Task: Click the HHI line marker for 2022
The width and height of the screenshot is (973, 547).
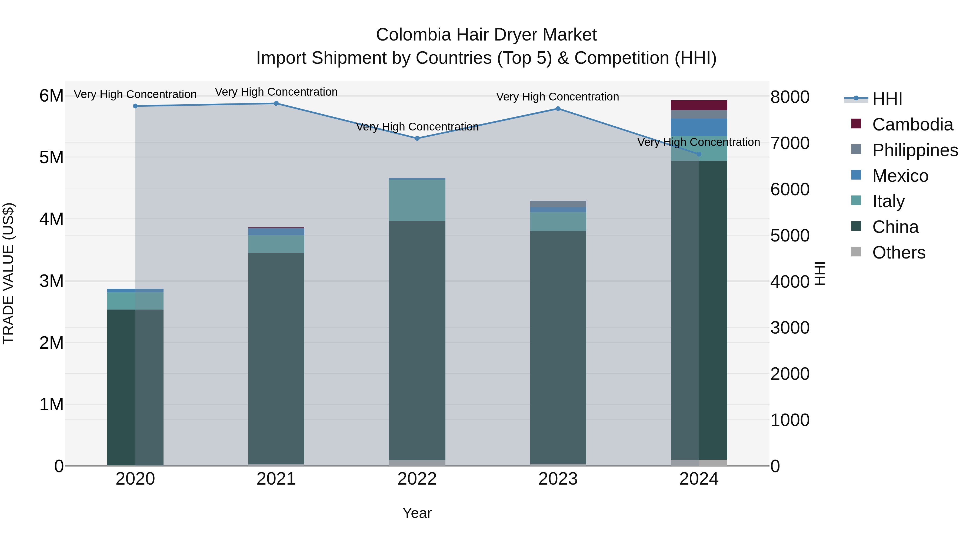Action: [417, 139]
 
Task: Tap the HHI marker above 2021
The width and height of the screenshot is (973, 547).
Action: [276, 103]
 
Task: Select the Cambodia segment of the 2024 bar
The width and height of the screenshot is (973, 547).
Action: [699, 105]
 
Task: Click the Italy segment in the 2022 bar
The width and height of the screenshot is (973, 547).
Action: [417, 200]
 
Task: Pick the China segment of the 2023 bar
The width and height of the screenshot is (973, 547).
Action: [558, 347]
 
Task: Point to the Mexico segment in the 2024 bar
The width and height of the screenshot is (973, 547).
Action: [699, 127]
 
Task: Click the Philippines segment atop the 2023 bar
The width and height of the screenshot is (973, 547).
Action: [558, 204]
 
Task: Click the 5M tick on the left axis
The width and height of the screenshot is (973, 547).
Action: [52, 157]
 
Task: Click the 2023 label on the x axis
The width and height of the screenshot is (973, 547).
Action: [558, 479]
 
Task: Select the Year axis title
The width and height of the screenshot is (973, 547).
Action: [417, 513]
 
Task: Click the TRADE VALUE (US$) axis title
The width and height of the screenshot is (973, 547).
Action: [8, 273]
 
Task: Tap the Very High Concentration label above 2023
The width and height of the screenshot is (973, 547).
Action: [558, 97]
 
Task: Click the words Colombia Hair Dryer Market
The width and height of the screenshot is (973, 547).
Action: [486, 35]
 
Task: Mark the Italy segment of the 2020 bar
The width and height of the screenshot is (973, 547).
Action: [135, 301]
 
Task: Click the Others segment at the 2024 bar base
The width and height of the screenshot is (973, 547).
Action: [699, 462]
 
